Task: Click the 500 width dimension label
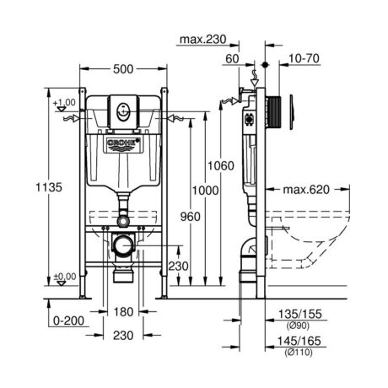point(123,69)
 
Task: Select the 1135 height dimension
point(49,187)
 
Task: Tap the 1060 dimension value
point(221,165)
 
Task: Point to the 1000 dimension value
point(205,191)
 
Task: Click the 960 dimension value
point(191,217)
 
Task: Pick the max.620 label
point(306,190)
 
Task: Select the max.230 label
point(202,39)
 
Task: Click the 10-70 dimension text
point(304,58)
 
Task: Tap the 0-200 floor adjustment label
point(68,321)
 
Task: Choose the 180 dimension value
point(123,311)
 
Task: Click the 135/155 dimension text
point(299,314)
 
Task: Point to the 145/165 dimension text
point(299,341)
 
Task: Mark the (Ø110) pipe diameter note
point(299,352)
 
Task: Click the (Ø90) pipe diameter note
point(298,326)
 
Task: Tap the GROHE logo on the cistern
point(124,143)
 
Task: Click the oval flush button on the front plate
point(123,112)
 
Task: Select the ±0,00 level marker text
point(65,277)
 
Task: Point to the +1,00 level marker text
point(64,102)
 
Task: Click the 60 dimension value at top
point(232,59)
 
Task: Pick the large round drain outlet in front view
point(122,245)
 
